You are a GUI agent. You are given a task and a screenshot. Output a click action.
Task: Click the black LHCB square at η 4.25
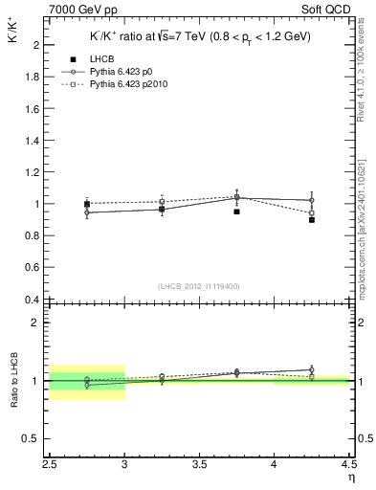[x=312, y=220]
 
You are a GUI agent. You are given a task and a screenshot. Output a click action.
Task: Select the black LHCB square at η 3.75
[x=236, y=212]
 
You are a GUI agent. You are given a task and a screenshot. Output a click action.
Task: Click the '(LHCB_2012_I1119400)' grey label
[x=200, y=286]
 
